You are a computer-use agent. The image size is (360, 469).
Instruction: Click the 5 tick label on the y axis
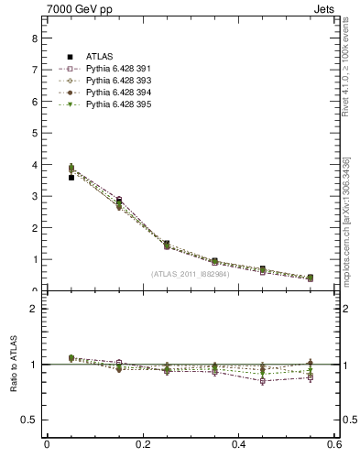tap(34, 133)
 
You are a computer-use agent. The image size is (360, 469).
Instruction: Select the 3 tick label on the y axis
tap(34, 196)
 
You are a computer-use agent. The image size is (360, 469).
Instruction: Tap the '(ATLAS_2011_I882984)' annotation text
tap(191, 274)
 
